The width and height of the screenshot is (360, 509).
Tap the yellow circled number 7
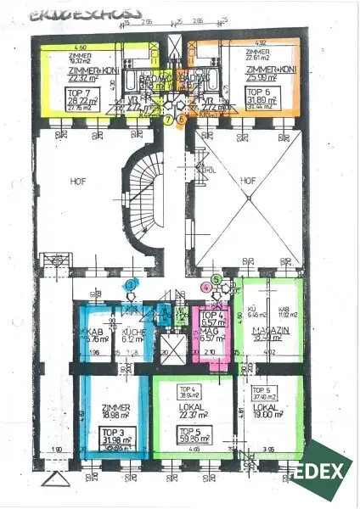pos(169,120)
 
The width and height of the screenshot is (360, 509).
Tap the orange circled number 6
pos(180,120)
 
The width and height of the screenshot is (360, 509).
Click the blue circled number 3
pos(130,286)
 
